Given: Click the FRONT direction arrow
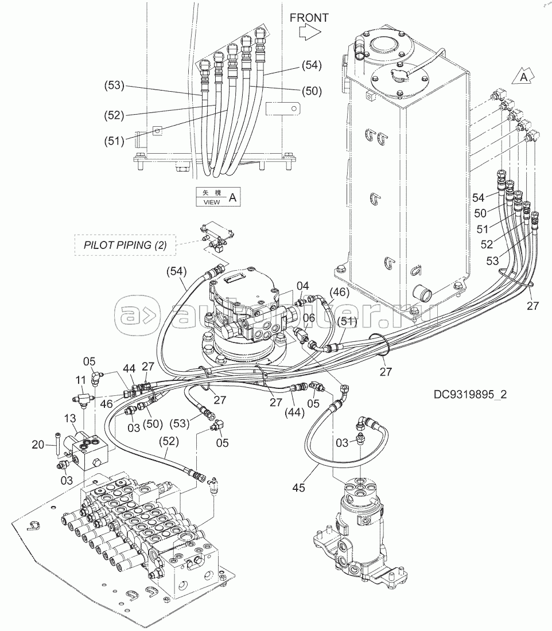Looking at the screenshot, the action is [x=310, y=32].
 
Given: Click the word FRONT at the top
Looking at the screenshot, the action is [x=309, y=18].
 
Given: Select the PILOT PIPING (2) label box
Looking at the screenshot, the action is [x=125, y=245].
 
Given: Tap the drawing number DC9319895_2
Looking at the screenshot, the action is [x=470, y=395].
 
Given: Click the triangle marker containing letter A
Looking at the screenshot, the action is [x=523, y=76].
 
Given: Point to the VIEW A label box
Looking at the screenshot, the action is [x=218, y=197].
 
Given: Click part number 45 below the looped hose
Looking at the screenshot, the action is [x=299, y=488].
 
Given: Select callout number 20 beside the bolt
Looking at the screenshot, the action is [x=38, y=445].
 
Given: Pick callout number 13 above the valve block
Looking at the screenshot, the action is [x=69, y=419].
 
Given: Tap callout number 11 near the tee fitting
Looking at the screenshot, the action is [x=80, y=380].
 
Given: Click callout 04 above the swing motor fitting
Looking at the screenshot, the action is [x=303, y=286].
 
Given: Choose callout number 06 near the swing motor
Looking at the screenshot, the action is [x=309, y=318].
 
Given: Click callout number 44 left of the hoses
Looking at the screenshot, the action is [x=129, y=369].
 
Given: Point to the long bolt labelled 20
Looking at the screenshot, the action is [x=59, y=444].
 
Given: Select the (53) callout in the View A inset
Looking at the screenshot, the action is [x=114, y=85].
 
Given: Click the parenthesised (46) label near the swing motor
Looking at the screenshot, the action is [x=339, y=292].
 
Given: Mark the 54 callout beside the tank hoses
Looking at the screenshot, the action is [x=479, y=197].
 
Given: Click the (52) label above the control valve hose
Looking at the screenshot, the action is [x=168, y=441].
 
